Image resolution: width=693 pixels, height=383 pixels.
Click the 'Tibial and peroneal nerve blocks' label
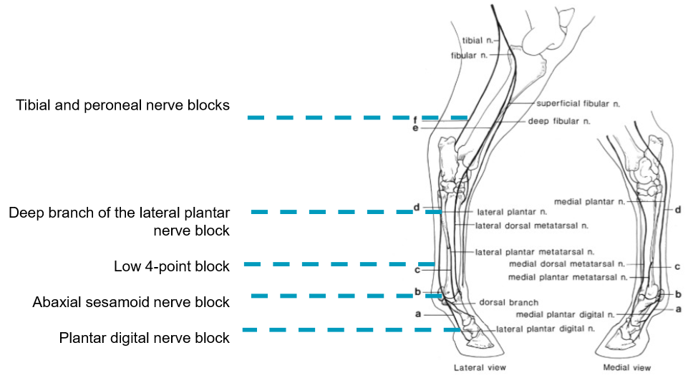pos(122,105)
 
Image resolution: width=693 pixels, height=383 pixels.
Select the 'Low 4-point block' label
pos(172,266)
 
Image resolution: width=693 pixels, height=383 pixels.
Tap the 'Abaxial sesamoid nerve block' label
pos(131,302)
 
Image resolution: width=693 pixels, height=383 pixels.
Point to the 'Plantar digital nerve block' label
pos(145,338)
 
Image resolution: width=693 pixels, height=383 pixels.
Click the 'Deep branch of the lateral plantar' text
pos(120,213)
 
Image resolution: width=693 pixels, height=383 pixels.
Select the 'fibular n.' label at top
pos(470,55)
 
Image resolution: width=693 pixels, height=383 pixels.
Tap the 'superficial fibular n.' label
pos(578,104)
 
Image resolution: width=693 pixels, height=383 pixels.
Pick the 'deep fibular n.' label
pos(559,122)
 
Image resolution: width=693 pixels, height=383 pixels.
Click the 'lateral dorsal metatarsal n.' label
pos(532,226)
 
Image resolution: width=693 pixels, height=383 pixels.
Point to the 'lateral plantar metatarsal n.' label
pos(535,252)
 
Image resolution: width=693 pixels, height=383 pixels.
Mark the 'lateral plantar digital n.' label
pos(546,329)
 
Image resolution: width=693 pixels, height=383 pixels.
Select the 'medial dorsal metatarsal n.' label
pos(568,264)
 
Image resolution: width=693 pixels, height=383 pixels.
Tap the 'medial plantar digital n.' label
pos(566,314)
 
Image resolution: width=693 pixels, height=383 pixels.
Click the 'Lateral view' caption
pos(480,368)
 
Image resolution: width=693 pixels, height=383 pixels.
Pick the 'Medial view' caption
pos(627,368)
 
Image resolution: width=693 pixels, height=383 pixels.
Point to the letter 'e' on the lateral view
pos(415,128)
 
